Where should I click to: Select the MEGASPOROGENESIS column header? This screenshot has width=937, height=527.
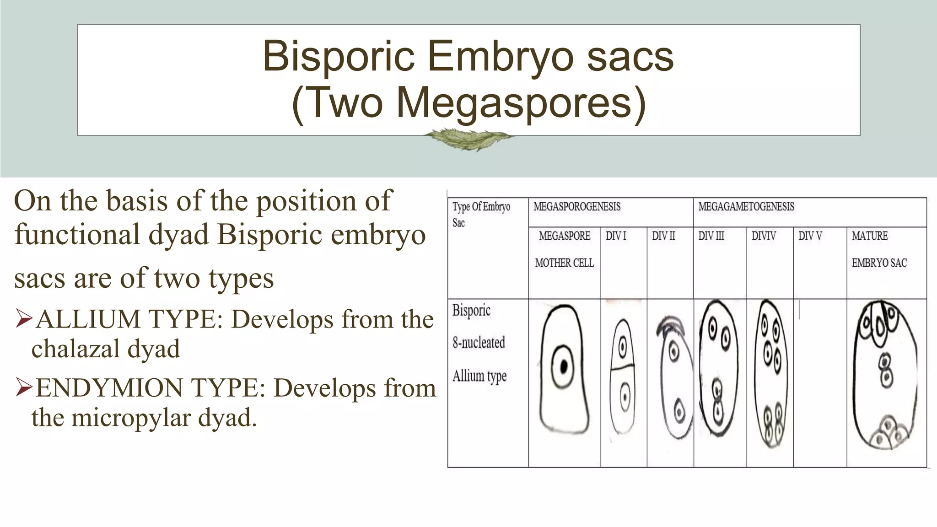(577, 207)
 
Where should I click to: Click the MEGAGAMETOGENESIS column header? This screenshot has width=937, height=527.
(746, 207)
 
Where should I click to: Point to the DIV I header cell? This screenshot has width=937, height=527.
(616, 236)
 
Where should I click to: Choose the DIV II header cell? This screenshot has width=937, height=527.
(663, 236)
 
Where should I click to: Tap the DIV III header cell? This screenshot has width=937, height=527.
(711, 236)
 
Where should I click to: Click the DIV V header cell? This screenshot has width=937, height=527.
(810, 236)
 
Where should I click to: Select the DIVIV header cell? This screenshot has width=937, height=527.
(764, 236)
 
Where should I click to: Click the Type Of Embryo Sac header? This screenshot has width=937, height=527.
(481, 214)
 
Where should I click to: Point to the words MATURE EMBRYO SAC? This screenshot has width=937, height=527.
(878, 249)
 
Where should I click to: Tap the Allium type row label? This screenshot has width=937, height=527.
(479, 376)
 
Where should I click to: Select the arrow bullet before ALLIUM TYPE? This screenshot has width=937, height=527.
(23, 319)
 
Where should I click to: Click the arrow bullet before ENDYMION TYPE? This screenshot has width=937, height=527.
(23, 387)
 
